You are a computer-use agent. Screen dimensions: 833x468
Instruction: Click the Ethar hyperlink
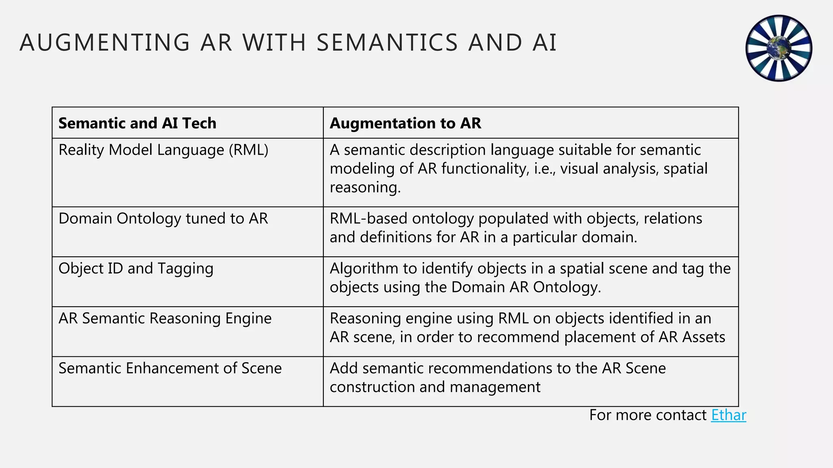pos(728,415)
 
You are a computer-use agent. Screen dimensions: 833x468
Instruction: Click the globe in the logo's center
pos(778,48)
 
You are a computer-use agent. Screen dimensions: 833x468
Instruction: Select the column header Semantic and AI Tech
pos(137,123)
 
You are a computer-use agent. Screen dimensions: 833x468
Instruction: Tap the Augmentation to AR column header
pos(405,123)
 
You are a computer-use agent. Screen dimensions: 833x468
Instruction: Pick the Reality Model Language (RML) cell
pos(163,150)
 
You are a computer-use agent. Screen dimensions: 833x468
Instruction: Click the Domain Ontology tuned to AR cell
pos(163,219)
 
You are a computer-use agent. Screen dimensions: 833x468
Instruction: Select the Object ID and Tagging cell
pos(136,269)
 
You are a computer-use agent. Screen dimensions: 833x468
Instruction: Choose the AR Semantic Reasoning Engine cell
pos(165,318)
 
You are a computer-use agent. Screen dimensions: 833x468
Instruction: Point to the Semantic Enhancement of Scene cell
pos(170,368)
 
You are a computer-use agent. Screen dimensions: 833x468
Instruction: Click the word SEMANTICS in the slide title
pos(387,43)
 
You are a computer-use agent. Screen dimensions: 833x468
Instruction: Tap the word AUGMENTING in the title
pos(105,43)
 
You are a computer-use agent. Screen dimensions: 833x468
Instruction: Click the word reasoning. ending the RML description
pos(365,187)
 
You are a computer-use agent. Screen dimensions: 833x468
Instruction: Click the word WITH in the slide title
pos(274,43)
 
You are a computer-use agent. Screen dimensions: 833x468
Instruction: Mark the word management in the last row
pos(495,387)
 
